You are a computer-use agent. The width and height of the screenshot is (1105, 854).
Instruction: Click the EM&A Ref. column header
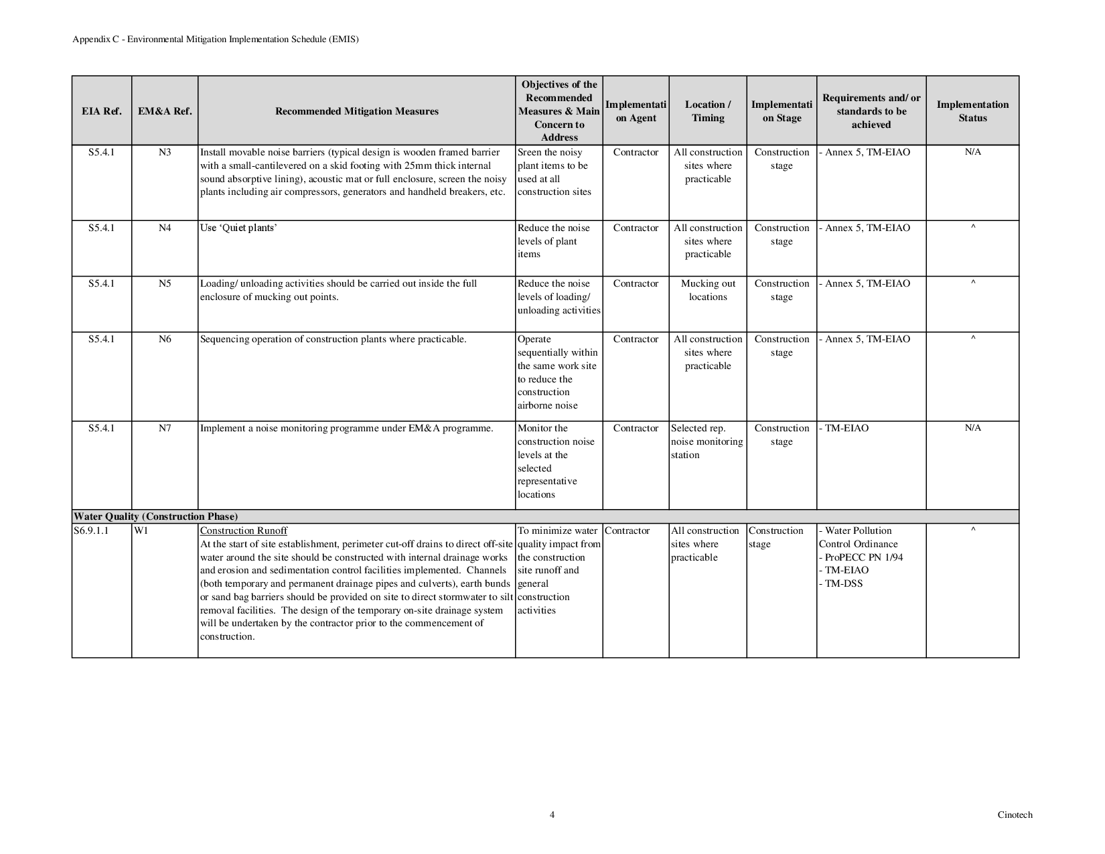coord(165,111)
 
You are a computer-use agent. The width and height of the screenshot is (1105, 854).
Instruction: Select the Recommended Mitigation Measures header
coord(357,111)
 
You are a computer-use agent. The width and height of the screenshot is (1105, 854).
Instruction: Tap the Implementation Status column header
coord(972,111)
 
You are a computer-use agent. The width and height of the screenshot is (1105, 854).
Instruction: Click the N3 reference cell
coord(165,152)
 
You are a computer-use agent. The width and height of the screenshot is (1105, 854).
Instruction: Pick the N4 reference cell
coord(165,228)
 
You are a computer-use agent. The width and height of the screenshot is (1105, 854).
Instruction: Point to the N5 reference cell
coord(165,283)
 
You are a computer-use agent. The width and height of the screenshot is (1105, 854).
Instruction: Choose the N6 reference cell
coord(165,339)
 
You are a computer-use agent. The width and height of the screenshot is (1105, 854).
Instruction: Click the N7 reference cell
coord(165,428)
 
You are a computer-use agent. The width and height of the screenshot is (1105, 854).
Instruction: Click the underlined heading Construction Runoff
coord(244,530)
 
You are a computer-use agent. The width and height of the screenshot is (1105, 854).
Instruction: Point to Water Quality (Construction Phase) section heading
coord(155,516)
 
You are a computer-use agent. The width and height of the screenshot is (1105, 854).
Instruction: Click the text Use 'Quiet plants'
coord(238,228)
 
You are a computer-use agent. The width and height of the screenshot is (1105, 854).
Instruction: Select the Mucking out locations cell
coord(708,290)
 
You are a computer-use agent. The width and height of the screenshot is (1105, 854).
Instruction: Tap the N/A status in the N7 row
coord(972,428)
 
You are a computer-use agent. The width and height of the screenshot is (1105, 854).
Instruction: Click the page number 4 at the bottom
coord(552,815)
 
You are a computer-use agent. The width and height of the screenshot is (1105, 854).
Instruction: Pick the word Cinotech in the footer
coord(1015,815)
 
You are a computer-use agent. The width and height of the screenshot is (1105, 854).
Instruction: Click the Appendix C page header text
coord(216,40)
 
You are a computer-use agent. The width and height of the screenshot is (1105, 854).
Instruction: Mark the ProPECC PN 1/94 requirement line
coord(861,557)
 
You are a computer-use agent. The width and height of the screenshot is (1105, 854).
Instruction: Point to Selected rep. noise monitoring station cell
coord(707,441)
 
